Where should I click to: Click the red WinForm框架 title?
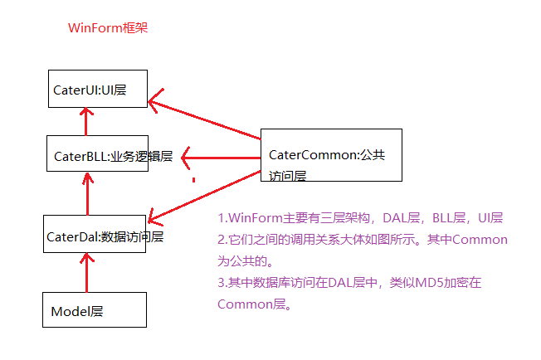(x=108, y=28)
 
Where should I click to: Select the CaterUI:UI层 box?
(x=97, y=89)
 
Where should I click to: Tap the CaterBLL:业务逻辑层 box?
(x=98, y=154)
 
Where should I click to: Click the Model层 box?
(x=95, y=311)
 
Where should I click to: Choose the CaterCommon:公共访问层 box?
(x=331, y=155)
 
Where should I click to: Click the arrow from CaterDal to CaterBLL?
(x=86, y=193)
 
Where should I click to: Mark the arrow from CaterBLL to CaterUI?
(x=86, y=121)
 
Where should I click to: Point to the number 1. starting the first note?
(x=222, y=218)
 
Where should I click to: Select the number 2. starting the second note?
(x=222, y=240)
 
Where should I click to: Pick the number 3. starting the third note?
(x=222, y=283)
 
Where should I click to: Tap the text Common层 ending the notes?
(x=253, y=304)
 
